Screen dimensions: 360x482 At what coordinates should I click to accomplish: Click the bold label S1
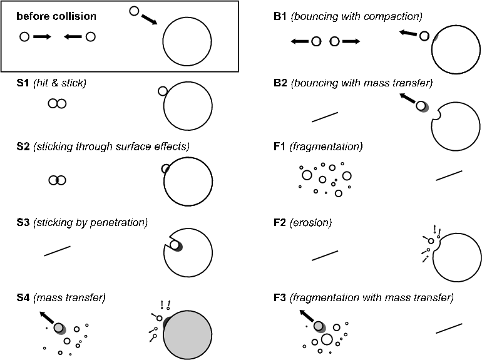click(23, 83)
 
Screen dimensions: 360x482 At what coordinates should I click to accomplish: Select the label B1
click(280, 16)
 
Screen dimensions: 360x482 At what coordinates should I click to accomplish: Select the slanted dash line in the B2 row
click(324, 117)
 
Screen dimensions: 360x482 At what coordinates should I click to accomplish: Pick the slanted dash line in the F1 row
click(449, 175)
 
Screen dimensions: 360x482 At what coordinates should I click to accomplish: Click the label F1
click(280, 147)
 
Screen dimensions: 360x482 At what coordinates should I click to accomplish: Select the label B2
click(280, 83)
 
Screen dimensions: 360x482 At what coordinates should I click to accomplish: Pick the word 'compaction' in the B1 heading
click(397, 16)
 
